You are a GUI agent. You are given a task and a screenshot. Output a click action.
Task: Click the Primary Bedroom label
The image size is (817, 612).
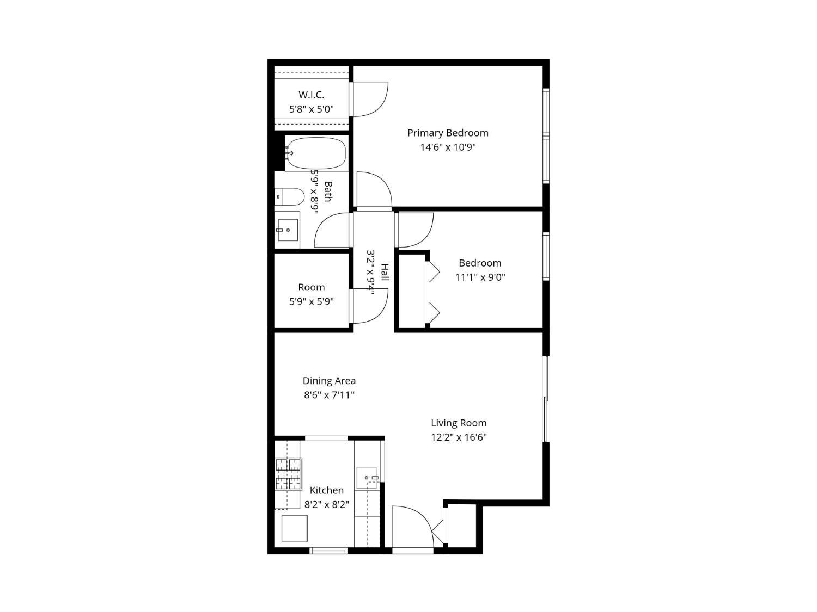click(x=447, y=133)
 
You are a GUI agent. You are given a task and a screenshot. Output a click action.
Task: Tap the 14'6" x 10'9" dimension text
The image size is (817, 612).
click(x=448, y=147)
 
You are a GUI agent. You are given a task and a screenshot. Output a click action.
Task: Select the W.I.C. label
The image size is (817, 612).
click(x=311, y=95)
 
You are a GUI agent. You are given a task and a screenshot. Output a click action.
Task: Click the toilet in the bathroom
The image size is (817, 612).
click(x=290, y=196)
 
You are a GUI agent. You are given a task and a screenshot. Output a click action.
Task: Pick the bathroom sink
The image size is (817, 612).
click(x=288, y=230)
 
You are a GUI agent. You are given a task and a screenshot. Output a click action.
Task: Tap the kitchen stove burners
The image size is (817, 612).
click(x=288, y=474)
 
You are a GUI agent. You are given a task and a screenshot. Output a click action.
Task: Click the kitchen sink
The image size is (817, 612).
click(x=367, y=478)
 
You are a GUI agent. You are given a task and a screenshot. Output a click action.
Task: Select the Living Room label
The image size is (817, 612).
click(x=459, y=423)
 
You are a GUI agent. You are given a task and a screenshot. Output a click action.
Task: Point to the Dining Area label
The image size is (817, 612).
click(x=329, y=380)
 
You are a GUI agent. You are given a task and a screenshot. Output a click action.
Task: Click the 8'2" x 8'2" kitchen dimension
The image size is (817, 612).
click(x=327, y=505)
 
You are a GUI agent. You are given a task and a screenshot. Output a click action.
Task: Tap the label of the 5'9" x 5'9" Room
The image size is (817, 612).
click(x=311, y=287)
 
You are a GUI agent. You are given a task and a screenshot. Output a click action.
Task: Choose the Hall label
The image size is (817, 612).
click(x=385, y=273)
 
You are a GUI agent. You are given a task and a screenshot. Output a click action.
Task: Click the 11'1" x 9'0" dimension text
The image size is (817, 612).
click(x=480, y=277)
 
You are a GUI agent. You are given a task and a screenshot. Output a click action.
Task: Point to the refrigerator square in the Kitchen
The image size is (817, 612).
click(x=295, y=528)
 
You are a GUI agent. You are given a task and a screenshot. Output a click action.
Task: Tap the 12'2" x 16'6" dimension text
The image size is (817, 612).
click(x=459, y=437)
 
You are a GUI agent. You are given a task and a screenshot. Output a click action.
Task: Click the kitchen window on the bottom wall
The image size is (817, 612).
click(x=328, y=551)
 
